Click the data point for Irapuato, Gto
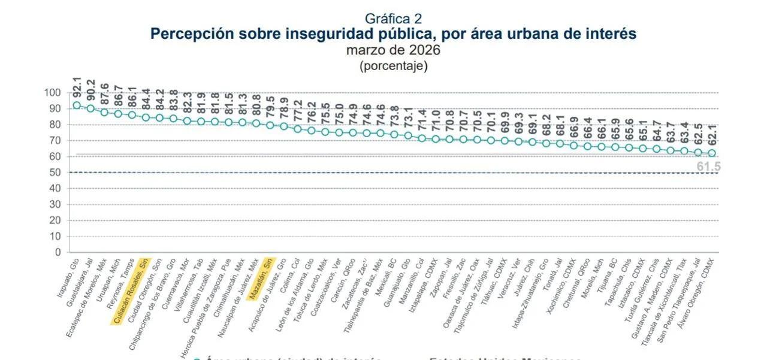(x=77, y=105)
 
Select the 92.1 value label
(x=77, y=87)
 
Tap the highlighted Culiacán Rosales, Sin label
(x=130, y=292)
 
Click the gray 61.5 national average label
(x=709, y=167)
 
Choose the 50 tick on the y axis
(x=55, y=173)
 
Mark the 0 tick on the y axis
(x=58, y=252)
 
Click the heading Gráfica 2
(x=393, y=19)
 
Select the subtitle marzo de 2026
(x=393, y=50)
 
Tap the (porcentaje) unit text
(x=393, y=66)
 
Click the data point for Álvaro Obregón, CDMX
(x=712, y=153)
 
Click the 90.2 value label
(x=90, y=90)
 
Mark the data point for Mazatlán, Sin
(x=270, y=126)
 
